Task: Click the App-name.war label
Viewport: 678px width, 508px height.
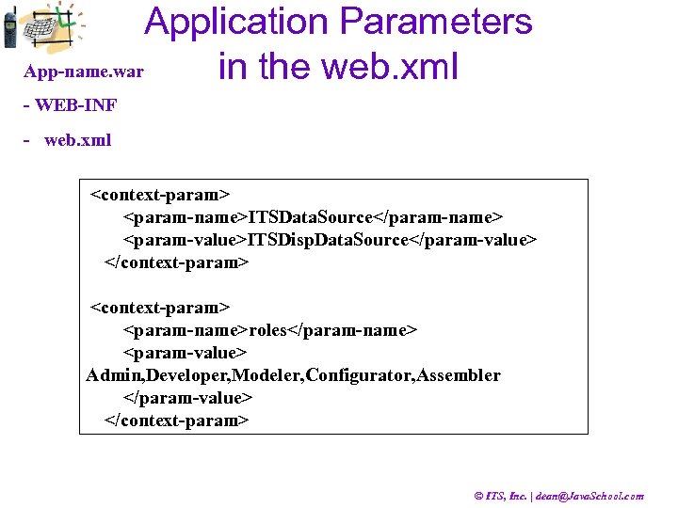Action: click(x=84, y=71)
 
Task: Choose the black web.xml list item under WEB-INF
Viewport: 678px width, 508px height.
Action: click(x=77, y=140)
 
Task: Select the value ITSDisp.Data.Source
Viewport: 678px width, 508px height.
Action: click(x=329, y=240)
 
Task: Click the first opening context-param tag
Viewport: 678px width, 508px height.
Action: click(x=159, y=195)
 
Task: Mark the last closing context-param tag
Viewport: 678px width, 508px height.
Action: click(x=176, y=421)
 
